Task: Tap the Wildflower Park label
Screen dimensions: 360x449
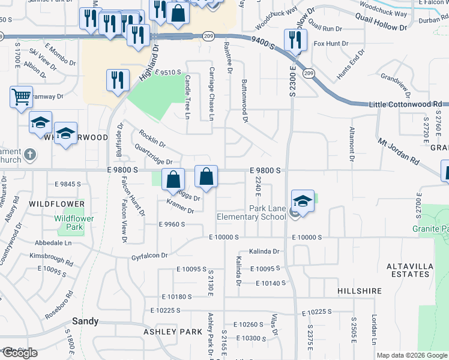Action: [74, 223]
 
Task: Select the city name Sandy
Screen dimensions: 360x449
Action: [85, 321]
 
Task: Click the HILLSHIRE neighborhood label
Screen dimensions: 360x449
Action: [360, 291]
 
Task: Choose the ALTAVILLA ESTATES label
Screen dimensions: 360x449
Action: [408, 269]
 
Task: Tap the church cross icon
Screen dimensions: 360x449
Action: [30, 156]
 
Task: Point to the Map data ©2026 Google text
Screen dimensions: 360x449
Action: [411, 355]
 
